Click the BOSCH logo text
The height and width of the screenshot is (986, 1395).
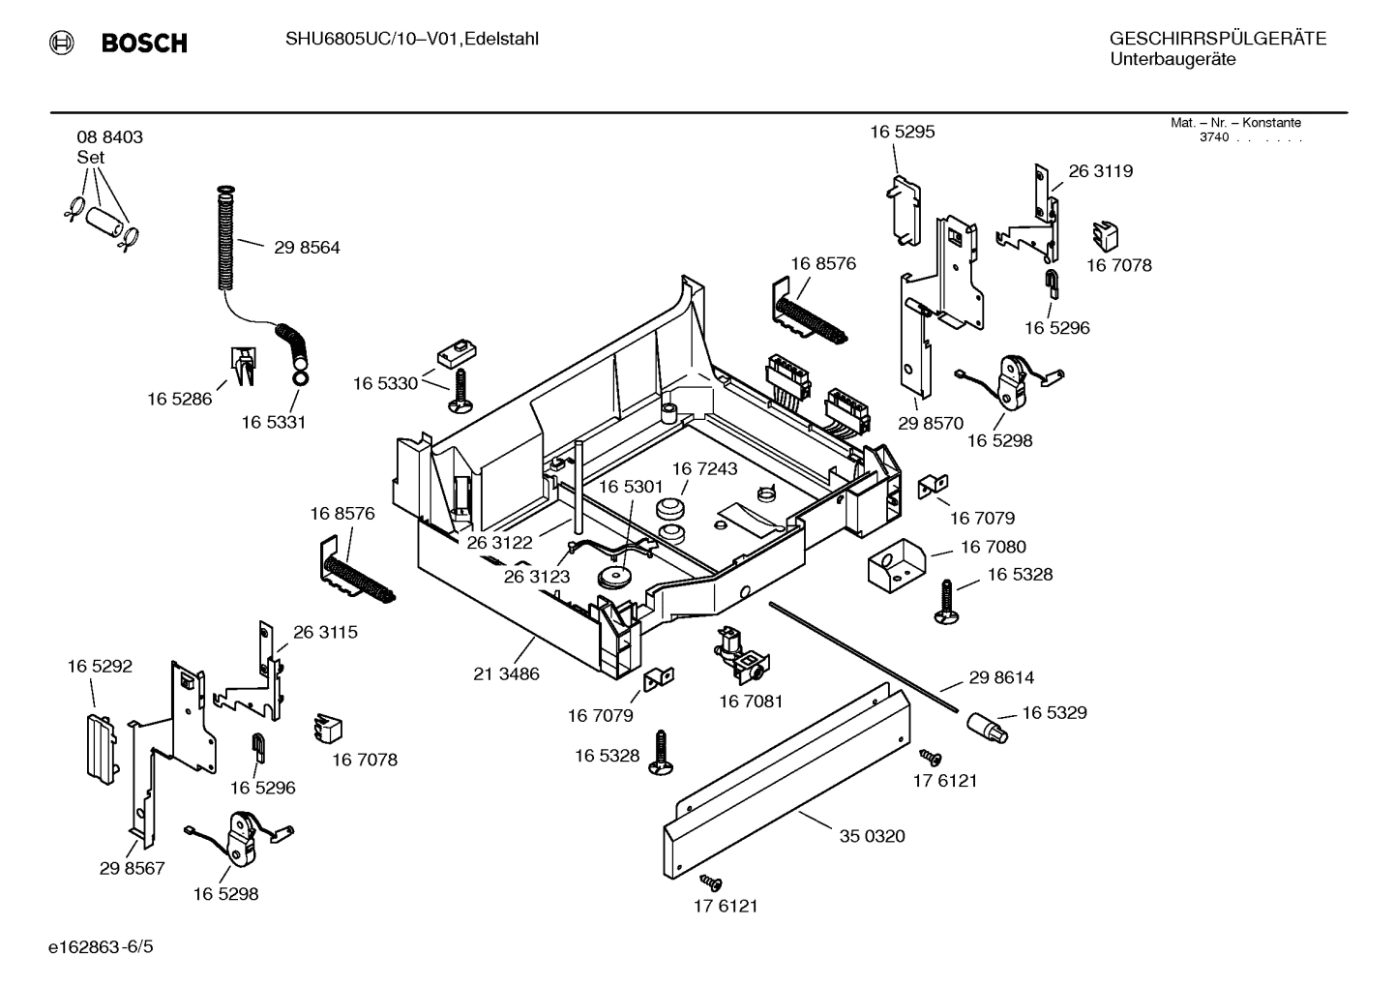point(143,43)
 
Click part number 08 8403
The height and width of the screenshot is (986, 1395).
point(109,137)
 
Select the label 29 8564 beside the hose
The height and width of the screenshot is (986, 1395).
point(307,248)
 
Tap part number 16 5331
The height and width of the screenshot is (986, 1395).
point(273,423)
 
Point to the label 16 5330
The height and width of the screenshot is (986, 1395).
point(385,384)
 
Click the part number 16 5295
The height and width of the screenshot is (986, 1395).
point(902,133)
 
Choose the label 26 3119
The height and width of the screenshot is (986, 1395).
point(1100,171)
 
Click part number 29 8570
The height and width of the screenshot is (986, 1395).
point(930,423)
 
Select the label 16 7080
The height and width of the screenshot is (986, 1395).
point(993,548)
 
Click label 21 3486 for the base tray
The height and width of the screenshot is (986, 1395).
point(506,674)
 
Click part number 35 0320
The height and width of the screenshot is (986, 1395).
point(872,836)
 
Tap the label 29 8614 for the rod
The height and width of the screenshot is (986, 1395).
point(1001,678)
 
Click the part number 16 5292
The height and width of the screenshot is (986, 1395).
point(100,667)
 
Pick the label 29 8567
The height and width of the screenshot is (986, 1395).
point(132,869)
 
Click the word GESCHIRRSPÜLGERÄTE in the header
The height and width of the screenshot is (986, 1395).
point(1217,39)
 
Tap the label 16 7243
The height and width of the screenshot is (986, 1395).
point(704,469)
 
